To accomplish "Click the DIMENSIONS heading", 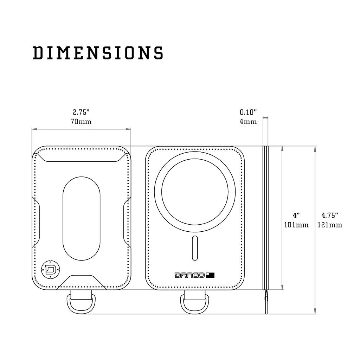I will click(x=98, y=53).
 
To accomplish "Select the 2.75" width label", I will click(x=82, y=112).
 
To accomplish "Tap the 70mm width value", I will click(x=82, y=122).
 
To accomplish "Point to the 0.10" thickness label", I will click(x=248, y=112).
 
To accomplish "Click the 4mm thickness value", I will click(x=248, y=122).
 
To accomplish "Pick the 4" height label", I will click(x=296, y=215).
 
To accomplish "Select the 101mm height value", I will click(x=296, y=225).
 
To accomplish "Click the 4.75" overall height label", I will click(x=329, y=215).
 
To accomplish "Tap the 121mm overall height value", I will click(x=329, y=225).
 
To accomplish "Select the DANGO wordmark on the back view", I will click(x=189, y=275).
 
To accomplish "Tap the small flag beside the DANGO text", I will click(x=210, y=275).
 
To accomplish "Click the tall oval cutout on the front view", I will click(x=81, y=218).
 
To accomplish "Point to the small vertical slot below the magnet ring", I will click(x=195, y=248).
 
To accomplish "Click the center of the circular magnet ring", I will click(x=195, y=192).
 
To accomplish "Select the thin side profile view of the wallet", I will click(x=266, y=218).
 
